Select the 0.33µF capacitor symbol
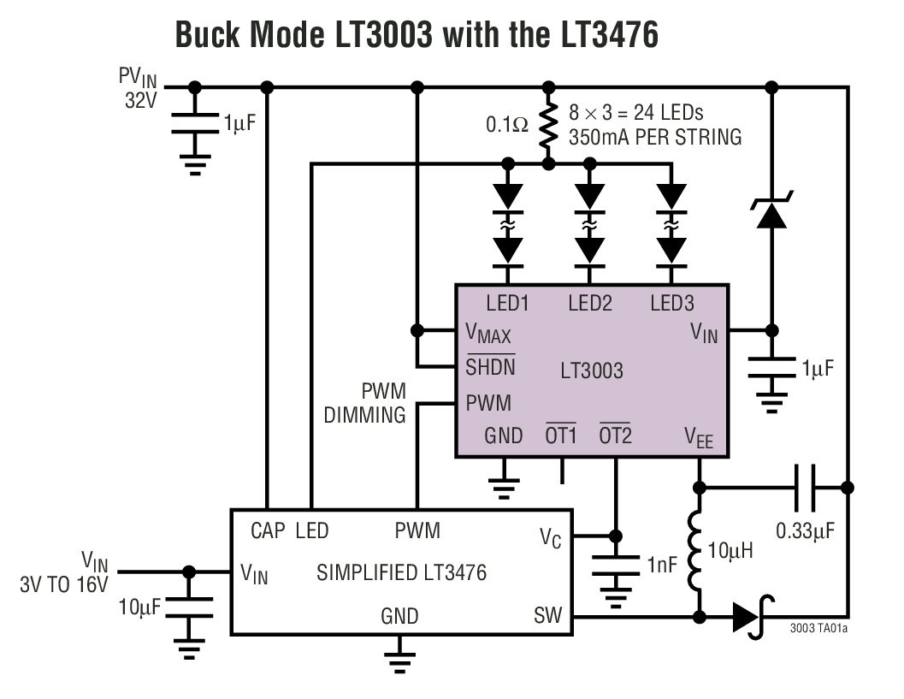[805, 488]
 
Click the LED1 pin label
[507, 302]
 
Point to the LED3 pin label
[671, 302]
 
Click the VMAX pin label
[487, 333]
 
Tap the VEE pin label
[698, 438]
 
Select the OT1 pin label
[562, 435]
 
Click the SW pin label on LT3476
[548, 616]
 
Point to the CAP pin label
[268, 531]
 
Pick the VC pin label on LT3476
[550, 537]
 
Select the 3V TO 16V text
[64, 585]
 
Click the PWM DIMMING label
[371, 403]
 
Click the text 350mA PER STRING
[655, 137]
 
